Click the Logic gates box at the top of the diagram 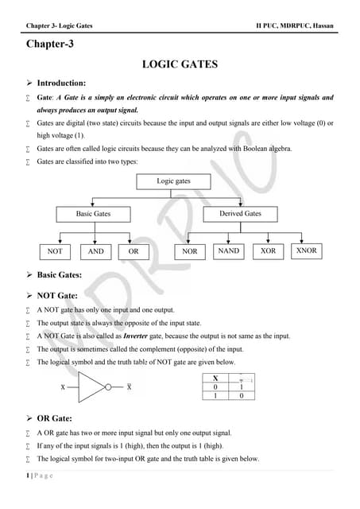point(172,181)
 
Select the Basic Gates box point(93,214)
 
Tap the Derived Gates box point(239,214)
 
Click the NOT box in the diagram point(55,251)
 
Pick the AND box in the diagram point(95,251)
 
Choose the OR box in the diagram point(134,251)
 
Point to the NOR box point(189,251)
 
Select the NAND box point(228,251)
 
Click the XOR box point(268,251)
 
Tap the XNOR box point(306,251)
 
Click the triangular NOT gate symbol point(95,387)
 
